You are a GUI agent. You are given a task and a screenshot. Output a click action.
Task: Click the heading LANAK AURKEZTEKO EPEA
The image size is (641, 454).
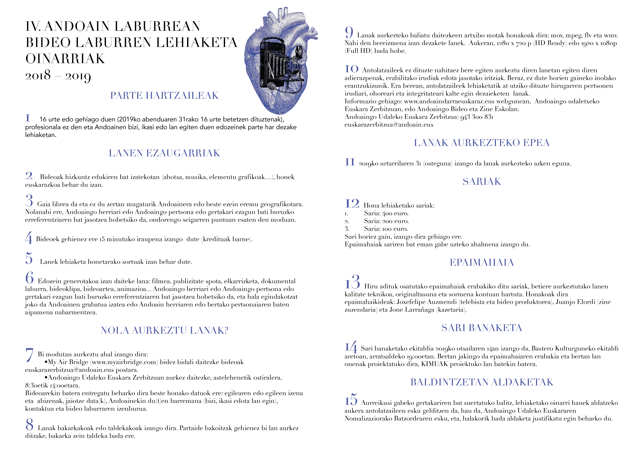click(482, 143)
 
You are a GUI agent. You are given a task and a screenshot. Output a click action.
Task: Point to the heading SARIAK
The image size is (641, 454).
click(482, 182)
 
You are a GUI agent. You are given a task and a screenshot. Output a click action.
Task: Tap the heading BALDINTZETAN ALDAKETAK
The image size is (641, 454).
click(482, 382)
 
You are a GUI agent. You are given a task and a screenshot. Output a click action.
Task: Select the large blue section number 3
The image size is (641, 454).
click(29, 201)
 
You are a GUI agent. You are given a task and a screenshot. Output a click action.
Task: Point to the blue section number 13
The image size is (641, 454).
click(352, 282)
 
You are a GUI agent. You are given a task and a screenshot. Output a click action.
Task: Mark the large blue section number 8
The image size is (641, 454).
click(29, 424)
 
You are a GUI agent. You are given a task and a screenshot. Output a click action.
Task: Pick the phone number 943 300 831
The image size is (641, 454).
click(477, 117)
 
